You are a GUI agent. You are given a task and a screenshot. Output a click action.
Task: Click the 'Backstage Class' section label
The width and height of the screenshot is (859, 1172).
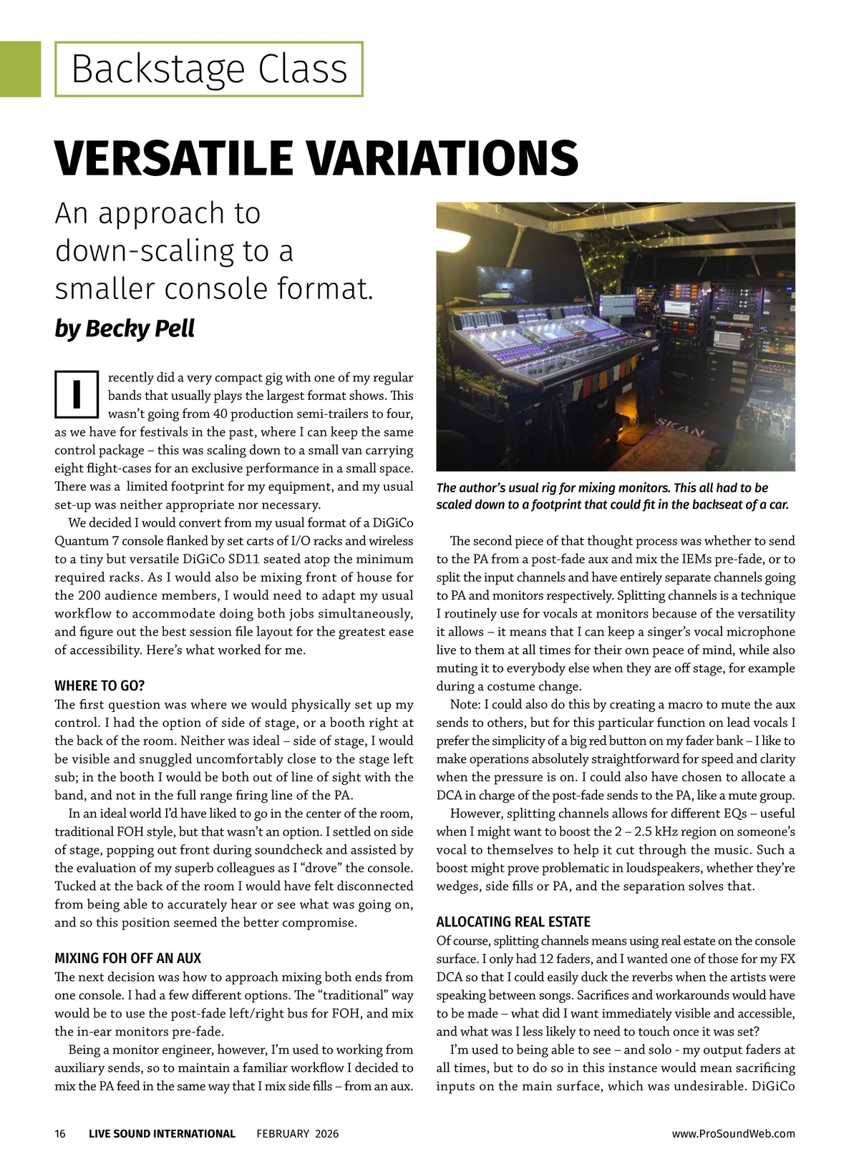tap(209, 69)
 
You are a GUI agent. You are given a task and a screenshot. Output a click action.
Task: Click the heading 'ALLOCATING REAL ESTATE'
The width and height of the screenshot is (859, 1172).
tap(513, 922)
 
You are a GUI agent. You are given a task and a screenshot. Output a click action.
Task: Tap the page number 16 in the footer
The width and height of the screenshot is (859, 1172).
tap(60, 1133)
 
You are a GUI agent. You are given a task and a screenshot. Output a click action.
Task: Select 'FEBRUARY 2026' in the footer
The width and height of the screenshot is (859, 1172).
tap(298, 1133)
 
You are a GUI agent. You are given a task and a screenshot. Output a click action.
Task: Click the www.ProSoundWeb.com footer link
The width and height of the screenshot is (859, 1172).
tap(734, 1133)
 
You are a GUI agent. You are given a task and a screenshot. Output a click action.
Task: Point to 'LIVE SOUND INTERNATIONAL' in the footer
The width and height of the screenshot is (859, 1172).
tap(162, 1133)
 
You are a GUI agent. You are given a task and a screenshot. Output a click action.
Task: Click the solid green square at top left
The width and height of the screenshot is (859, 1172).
tap(20, 69)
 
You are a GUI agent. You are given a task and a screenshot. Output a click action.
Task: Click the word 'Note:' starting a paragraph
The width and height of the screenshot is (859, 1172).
tap(466, 705)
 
